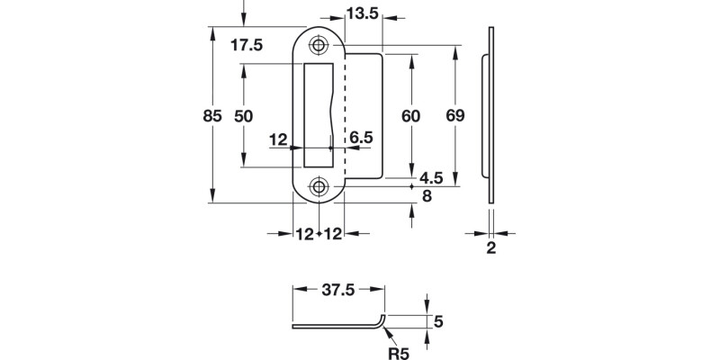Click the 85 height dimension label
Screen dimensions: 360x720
click(x=212, y=116)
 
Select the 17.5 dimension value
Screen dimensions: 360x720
click(x=246, y=46)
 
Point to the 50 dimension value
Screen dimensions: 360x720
click(x=243, y=116)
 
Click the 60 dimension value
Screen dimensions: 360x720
click(x=411, y=116)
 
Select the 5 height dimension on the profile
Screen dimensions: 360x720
click(x=438, y=321)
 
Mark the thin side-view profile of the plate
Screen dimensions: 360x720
click(x=490, y=115)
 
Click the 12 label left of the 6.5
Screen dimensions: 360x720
click(x=277, y=139)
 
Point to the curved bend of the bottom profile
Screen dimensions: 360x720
click(x=383, y=321)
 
